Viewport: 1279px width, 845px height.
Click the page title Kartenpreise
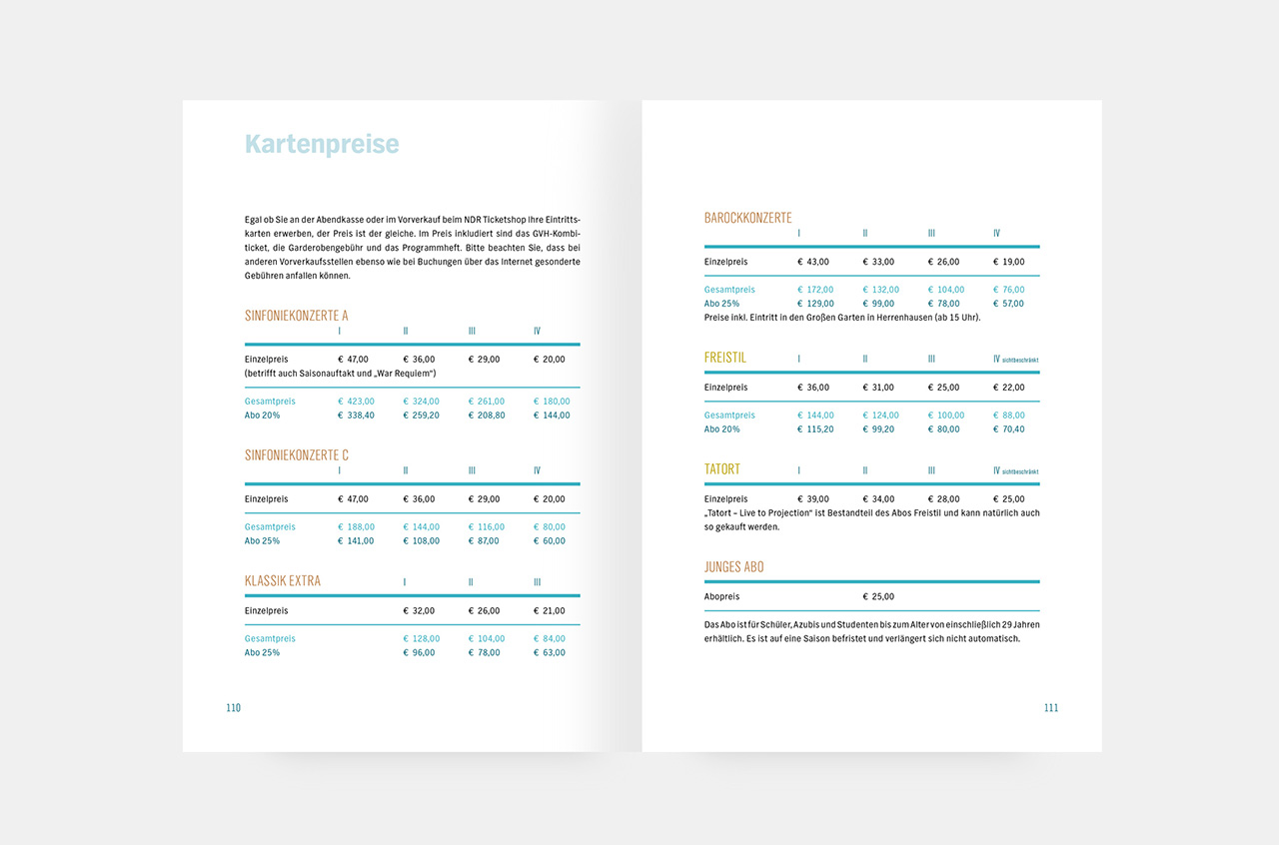322,145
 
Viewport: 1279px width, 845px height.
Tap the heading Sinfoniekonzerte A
297,316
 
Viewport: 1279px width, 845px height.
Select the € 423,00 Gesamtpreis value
356,402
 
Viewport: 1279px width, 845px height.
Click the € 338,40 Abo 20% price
356,416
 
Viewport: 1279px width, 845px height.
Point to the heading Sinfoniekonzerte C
297,455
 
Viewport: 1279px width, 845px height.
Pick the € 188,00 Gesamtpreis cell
356,527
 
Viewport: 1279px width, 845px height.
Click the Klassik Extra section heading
283,581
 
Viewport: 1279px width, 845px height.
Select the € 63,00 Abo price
550,653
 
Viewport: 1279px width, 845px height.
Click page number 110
234,708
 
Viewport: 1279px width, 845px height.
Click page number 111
1050,708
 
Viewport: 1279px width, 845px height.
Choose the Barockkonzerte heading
747,218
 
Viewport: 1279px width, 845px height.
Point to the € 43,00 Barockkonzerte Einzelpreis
813,262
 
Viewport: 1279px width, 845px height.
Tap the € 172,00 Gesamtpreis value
815,290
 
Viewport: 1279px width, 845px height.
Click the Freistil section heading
725,358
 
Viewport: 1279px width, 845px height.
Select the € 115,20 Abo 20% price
815,429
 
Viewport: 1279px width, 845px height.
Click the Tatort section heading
722,469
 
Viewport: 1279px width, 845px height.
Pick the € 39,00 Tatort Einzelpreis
813,499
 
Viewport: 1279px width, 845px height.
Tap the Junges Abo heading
734,567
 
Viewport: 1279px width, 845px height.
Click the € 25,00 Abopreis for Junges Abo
878,597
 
